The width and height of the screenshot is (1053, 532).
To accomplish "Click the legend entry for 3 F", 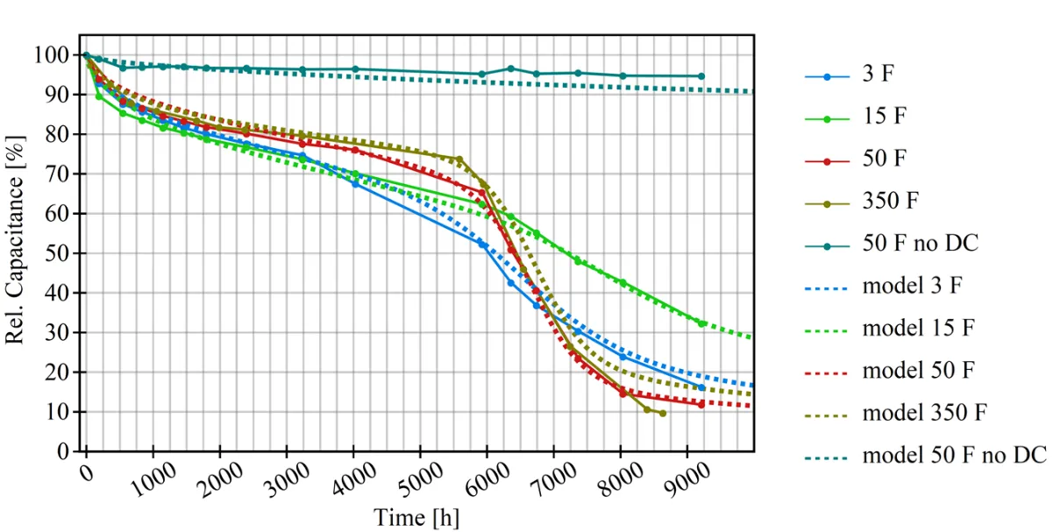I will tap(878, 76).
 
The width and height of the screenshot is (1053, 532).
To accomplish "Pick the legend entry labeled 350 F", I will tap(890, 201).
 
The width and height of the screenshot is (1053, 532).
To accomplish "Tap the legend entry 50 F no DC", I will tap(920, 242).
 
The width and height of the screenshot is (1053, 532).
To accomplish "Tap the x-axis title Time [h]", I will tap(416, 517).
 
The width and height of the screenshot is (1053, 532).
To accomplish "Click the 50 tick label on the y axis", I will tap(60, 253).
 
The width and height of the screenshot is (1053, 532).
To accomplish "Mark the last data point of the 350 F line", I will tap(662, 413).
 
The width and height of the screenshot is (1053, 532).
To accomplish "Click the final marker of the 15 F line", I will tap(701, 323).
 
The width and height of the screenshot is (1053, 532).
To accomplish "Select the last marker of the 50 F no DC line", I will tap(701, 76).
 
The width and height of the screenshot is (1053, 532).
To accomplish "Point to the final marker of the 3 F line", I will tap(701, 387).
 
